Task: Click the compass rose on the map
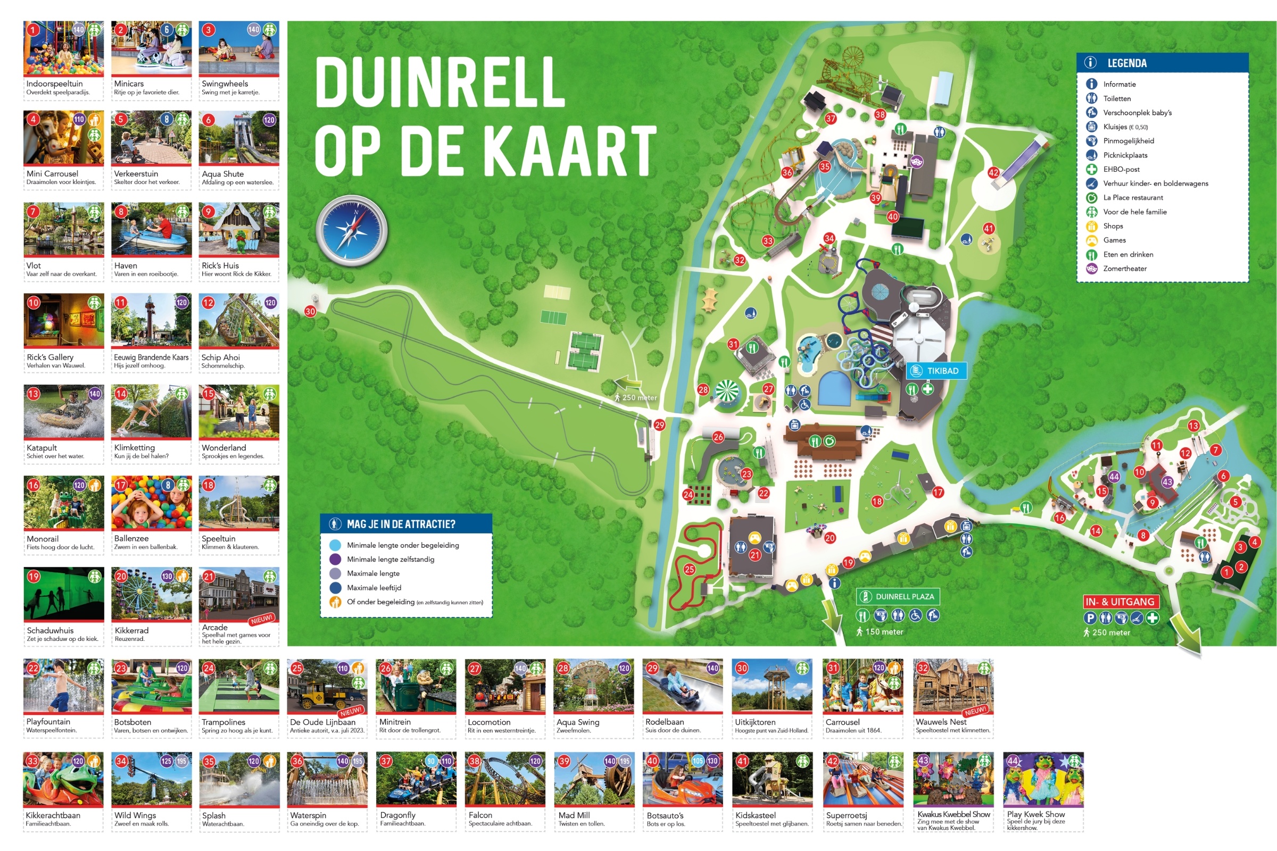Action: [x=352, y=231]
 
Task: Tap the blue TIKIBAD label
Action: [x=936, y=371]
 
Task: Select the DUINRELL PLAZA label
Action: [x=898, y=596]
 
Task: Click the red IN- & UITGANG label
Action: [x=1120, y=602]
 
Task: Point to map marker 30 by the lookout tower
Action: [x=310, y=311]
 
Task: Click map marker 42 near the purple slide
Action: [x=993, y=172]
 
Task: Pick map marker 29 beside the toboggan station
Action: [x=659, y=425]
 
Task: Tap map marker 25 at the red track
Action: [x=690, y=569]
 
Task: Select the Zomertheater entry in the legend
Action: [x=1124, y=269]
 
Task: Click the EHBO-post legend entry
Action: [x=1121, y=169]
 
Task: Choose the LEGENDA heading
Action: [x=1126, y=63]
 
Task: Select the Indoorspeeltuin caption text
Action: [x=54, y=84]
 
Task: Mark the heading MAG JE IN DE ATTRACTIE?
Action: [x=401, y=524]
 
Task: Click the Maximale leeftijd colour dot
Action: [x=335, y=588]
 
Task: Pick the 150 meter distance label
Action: [x=883, y=632]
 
